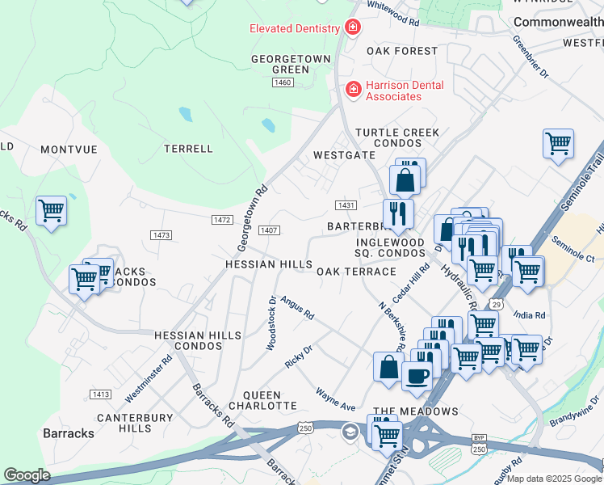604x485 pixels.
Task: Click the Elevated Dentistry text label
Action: pyautogui.click(x=295, y=29)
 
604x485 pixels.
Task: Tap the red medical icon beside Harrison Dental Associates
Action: pyautogui.click(x=353, y=89)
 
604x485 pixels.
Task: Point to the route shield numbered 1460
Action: pyautogui.click(x=283, y=82)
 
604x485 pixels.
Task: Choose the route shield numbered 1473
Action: pyautogui.click(x=161, y=234)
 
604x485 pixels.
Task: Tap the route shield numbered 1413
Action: pyautogui.click(x=100, y=394)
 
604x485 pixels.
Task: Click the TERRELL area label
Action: pyautogui.click(x=188, y=149)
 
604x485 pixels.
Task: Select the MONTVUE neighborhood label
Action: pyautogui.click(x=69, y=150)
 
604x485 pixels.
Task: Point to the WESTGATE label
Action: pyautogui.click(x=345, y=154)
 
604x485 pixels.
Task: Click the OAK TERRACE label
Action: pyautogui.click(x=356, y=272)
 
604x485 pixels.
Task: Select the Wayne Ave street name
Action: pyautogui.click(x=336, y=399)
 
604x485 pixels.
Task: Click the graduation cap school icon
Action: pyautogui.click(x=349, y=430)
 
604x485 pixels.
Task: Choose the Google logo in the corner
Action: pyautogui.click(x=27, y=475)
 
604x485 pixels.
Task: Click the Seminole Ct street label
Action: pyautogui.click(x=573, y=249)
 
